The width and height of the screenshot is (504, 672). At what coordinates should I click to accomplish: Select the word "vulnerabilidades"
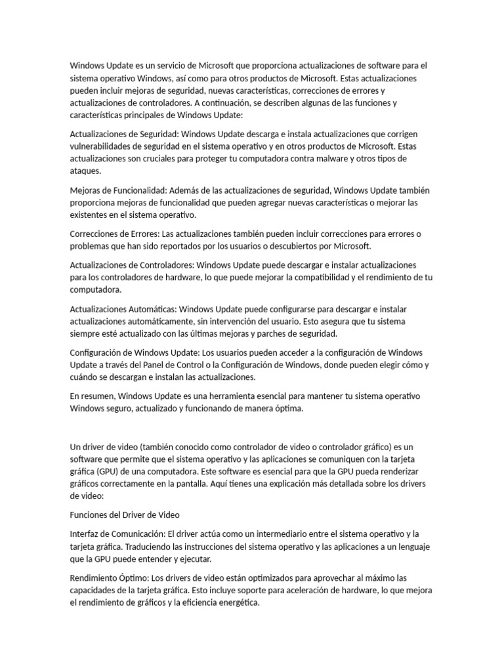tap(103, 146)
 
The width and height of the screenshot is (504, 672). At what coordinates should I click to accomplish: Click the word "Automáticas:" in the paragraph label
tap(151, 308)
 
